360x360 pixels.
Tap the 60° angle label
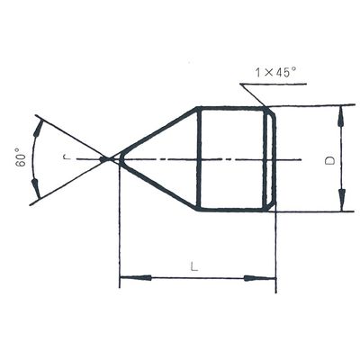[19, 159]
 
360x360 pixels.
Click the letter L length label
[194, 266]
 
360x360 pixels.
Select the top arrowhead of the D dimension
[341, 112]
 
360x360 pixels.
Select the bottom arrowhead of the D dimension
[341, 204]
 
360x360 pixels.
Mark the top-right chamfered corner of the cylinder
[269, 111]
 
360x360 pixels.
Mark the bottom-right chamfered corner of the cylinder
[269, 207]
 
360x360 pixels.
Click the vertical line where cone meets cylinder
[198, 159]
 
